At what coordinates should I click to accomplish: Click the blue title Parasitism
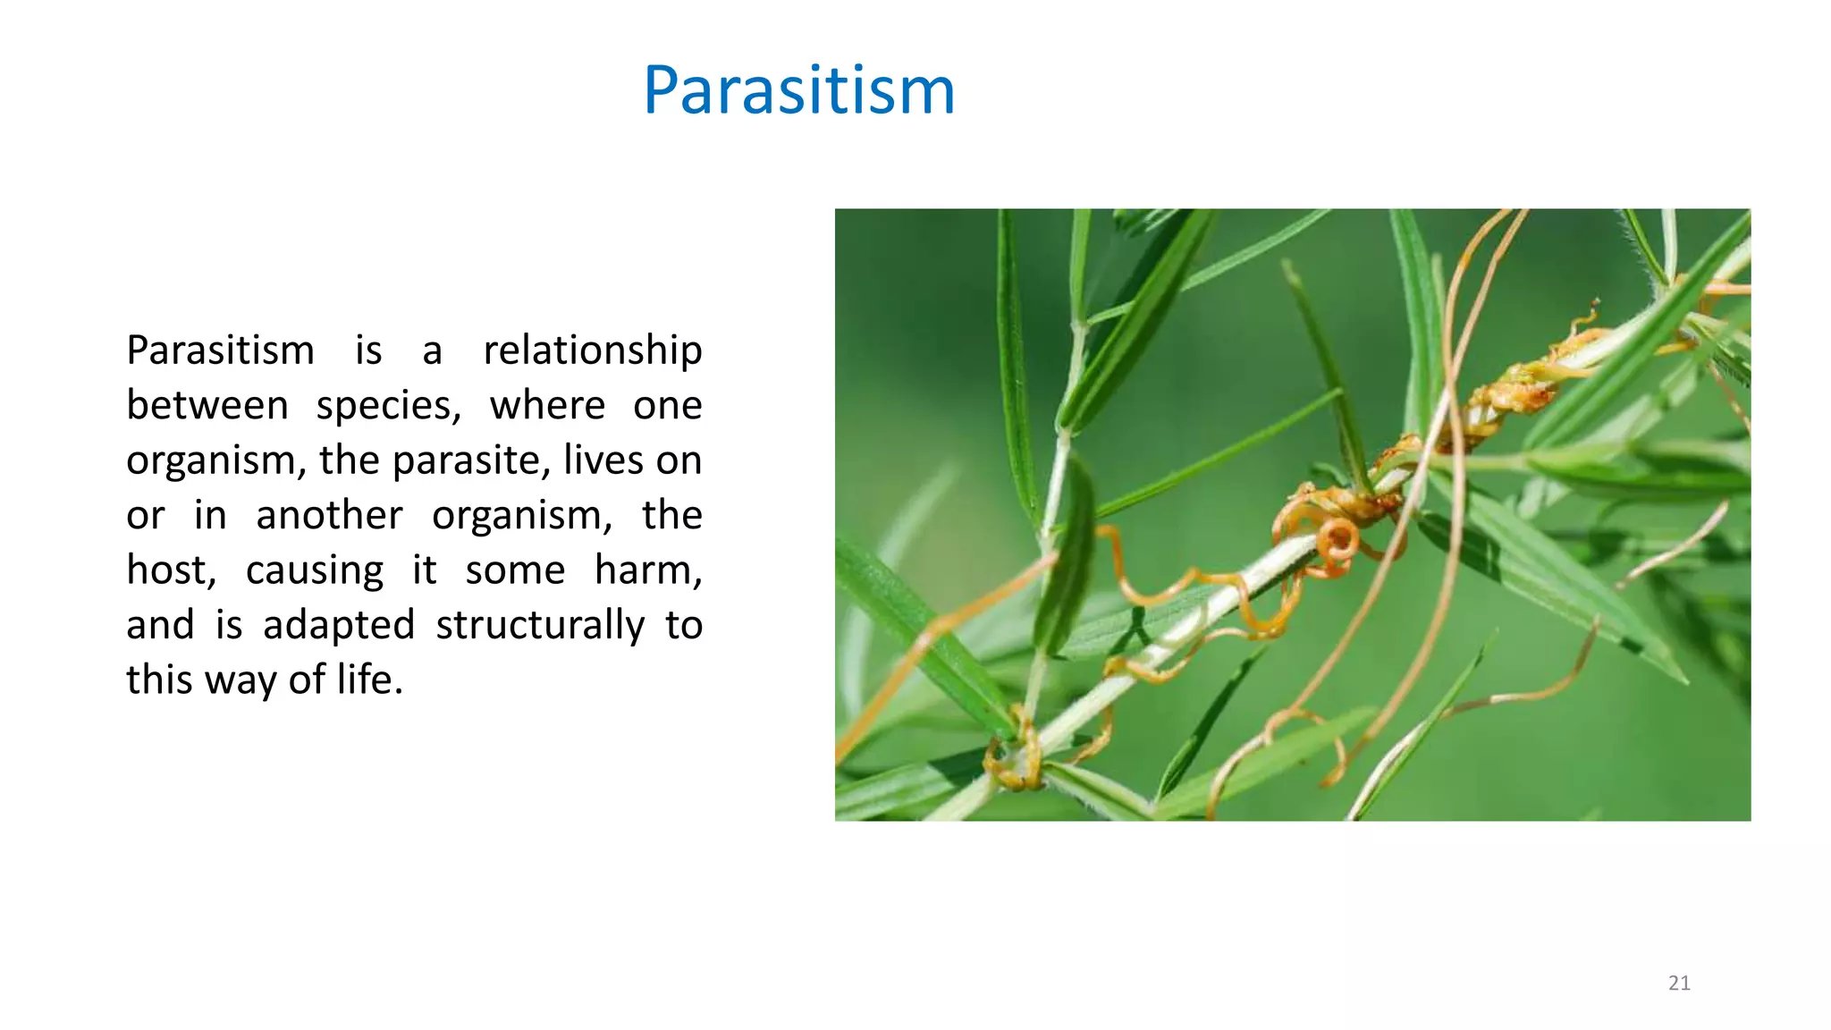798,91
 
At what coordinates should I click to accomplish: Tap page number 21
1679,984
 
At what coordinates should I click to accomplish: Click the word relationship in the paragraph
592,350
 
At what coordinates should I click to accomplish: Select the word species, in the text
388,406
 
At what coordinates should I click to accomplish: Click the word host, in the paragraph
171,570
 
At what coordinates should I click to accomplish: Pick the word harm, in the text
647,570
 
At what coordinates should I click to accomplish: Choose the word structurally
539,625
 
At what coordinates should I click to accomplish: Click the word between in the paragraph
207,406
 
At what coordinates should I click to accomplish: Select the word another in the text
329,516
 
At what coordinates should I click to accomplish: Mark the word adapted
338,625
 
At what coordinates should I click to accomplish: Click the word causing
314,570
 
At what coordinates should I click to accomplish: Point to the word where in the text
547,406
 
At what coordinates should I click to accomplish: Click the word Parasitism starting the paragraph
220,350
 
